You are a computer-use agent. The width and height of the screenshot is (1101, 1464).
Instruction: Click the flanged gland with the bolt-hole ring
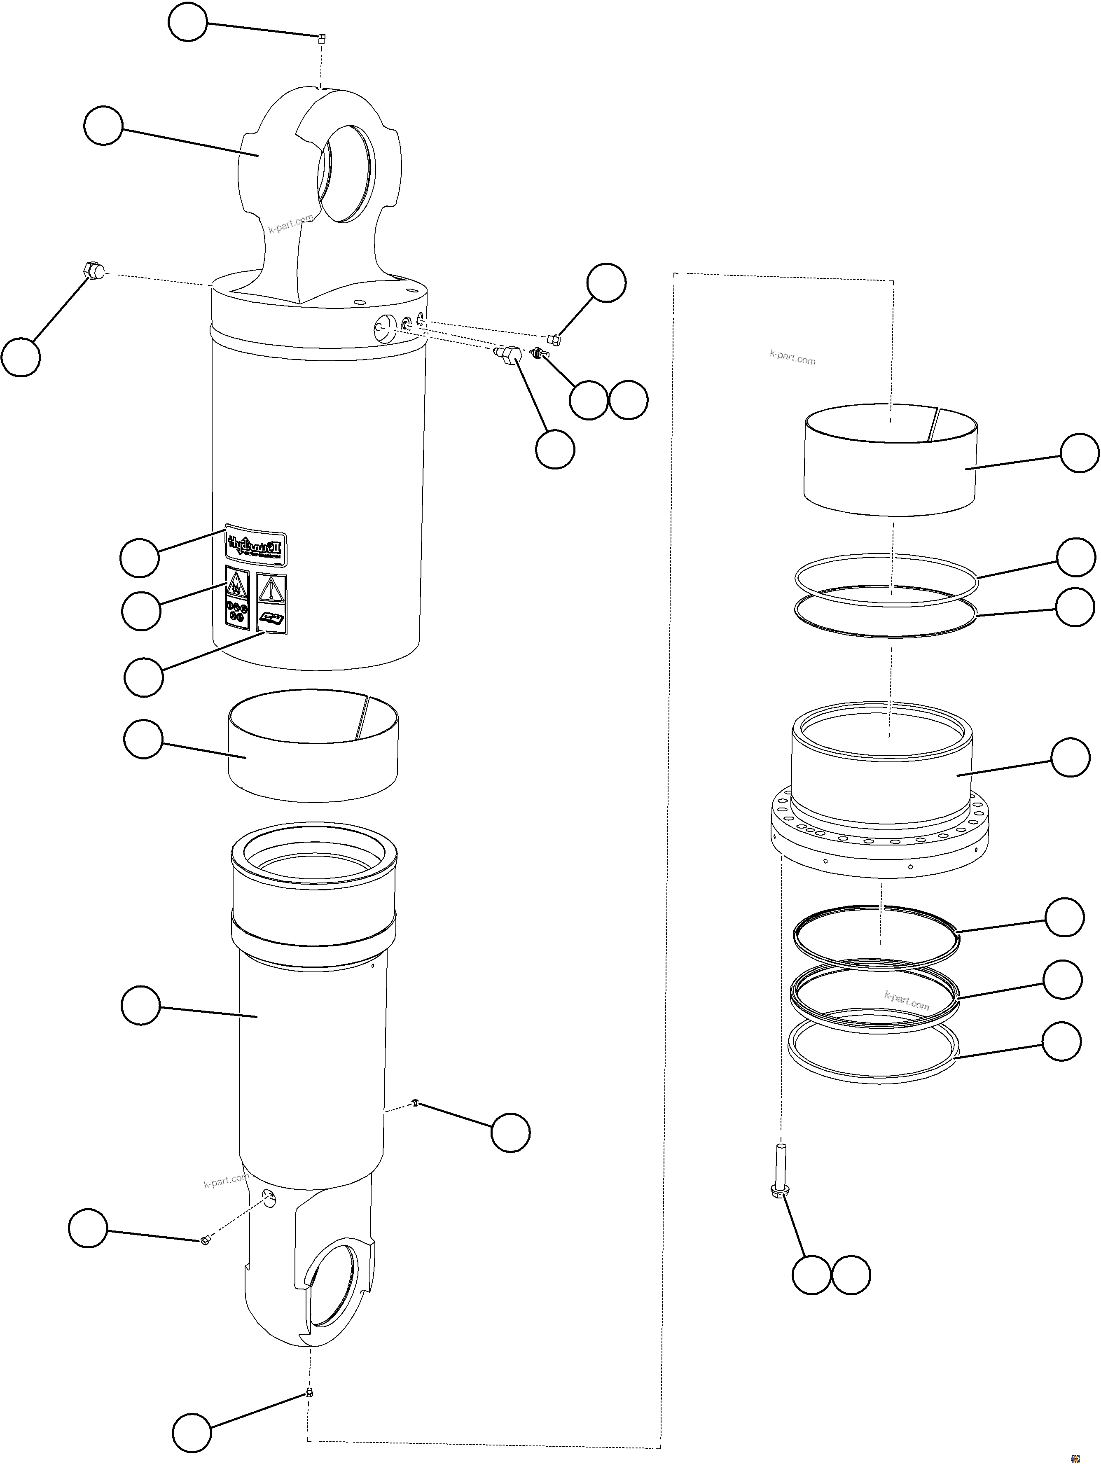(879, 794)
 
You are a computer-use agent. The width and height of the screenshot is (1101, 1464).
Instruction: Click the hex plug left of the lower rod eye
(205, 1240)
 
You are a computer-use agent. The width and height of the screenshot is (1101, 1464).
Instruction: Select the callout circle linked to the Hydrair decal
(139, 557)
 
